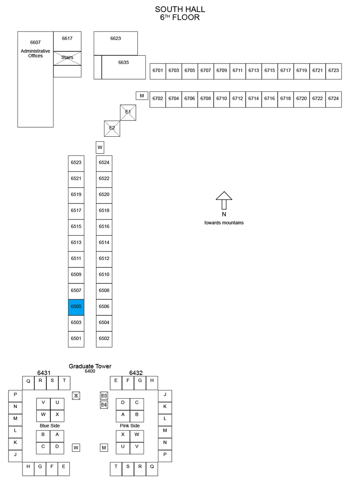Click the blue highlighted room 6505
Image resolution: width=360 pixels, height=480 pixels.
[x=76, y=307]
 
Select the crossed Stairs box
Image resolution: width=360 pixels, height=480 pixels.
[x=67, y=58]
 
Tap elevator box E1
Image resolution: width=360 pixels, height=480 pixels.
[x=128, y=112]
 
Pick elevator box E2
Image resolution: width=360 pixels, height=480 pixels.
[x=112, y=129]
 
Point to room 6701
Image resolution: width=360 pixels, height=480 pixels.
[x=157, y=72]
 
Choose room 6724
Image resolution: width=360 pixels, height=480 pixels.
[x=333, y=99]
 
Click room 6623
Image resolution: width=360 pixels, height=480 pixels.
[x=116, y=43]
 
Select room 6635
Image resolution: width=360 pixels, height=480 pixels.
[x=124, y=67]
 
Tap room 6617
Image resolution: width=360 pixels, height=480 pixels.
[x=67, y=41]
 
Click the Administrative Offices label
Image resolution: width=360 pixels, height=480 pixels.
[x=36, y=53]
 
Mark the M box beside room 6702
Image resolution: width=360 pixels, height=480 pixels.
[x=142, y=95]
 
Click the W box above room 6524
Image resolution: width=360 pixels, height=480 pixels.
[x=100, y=147]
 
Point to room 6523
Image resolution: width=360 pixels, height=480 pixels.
[x=76, y=163]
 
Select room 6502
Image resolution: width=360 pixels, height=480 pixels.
[x=104, y=339]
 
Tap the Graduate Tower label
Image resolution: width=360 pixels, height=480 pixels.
[x=90, y=366]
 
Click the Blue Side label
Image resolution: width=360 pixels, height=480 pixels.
[x=50, y=426]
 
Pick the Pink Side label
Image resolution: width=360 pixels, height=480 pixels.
[x=130, y=426]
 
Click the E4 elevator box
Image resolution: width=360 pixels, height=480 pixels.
[x=104, y=405]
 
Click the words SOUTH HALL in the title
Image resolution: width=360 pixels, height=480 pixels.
[x=180, y=9]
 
